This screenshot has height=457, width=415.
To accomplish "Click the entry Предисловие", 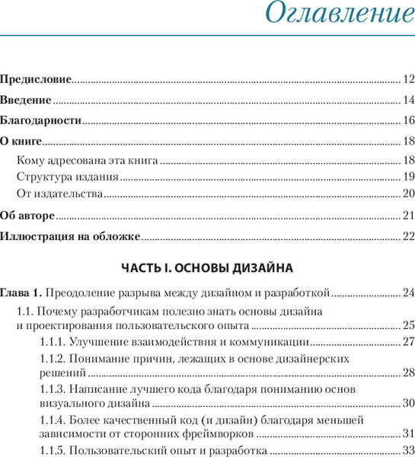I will pyautogui.click(x=36, y=78).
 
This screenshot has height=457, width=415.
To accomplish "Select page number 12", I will pyautogui.click(x=408, y=78).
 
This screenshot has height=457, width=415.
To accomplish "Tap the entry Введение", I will pyautogui.click(x=26, y=100).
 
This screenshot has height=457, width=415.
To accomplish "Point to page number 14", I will pyautogui.click(x=408, y=100).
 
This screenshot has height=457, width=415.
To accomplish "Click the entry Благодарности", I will pyautogui.click(x=40, y=120).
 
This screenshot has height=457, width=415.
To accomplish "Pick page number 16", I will pyautogui.click(x=408, y=120).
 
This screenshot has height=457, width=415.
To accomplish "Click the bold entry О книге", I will pyautogui.click(x=21, y=141).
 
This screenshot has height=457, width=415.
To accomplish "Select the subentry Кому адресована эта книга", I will pyautogui.click(x=88, y=160).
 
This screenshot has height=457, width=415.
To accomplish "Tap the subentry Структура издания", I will pyautogui.click(x=67, y=177).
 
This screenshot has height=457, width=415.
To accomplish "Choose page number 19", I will pyautogui.click(x=408, y=177).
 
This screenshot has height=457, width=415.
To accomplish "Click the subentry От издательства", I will pyautogui.click(x=59, y=193).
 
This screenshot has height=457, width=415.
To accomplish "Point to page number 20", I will pyautogui.click(x=408, y=193).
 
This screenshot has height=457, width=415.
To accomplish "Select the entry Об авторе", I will pyautogui.click(x=27, y=215).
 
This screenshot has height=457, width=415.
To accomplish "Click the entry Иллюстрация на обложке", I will pyautogui.click(x=70, y=236).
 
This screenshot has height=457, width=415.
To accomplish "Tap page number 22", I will pyautogui.click(x=408, y=236).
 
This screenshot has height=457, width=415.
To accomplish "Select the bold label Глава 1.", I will pyautogui.click(x=21, y=292).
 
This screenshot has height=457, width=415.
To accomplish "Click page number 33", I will pyautogui.click(x=408, y=451).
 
